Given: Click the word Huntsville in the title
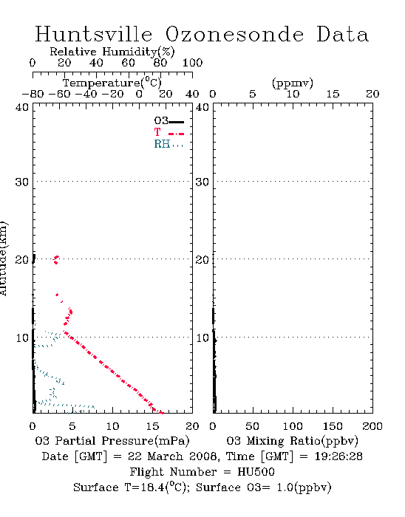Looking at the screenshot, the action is click(94, 34).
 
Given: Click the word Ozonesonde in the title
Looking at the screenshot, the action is click(234, 34).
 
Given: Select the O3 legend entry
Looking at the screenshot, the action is click(169, 121).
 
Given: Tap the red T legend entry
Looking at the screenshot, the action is click(169, 132).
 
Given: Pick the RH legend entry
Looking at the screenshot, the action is click(169, 144).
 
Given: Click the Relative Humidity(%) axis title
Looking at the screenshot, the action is click(112, 52).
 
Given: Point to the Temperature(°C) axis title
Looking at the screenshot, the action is click(112, 83).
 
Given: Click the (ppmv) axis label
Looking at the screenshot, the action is click(293, 83).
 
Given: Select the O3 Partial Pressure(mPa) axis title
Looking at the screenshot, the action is click(112, 441).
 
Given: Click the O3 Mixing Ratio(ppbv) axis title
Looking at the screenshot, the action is click(292, 441).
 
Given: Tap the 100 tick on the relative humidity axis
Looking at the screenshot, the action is click(193, 63).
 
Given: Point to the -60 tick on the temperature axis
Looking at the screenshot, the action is click(60, 94).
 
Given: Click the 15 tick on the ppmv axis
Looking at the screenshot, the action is click(333, 94).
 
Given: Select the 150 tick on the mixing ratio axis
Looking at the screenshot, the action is click(333, 426).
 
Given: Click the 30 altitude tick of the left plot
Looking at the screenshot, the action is click(22, 182).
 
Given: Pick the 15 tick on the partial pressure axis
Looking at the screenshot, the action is click(152, 426).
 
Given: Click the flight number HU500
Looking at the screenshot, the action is click(256, 472).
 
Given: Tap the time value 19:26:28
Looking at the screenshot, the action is click(338, 456).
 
